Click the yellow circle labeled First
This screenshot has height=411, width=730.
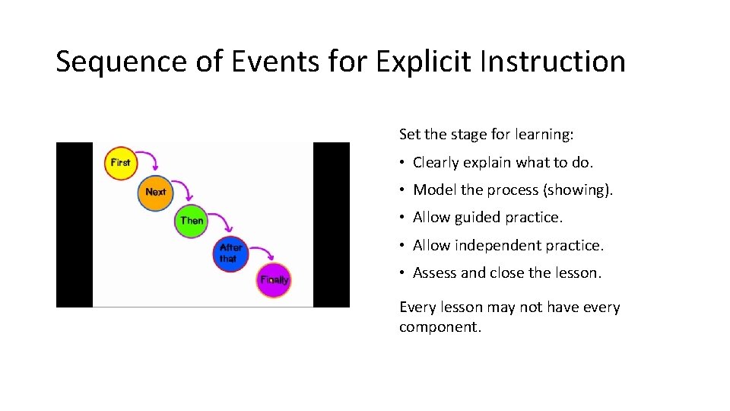tap(120, 163)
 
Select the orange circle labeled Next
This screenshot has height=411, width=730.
tap(155, 192)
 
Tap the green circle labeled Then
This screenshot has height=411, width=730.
tap(192, 221)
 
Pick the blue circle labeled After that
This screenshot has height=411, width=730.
tap(230, 253)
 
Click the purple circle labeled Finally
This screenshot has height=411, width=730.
tap(274, 280)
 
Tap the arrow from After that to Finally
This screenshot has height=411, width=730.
tap(262, 250)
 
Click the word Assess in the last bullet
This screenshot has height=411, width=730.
tap(435, 273)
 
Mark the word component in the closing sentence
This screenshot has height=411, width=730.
tap(437, 328)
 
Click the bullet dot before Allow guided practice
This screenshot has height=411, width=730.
tap(402, 218)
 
